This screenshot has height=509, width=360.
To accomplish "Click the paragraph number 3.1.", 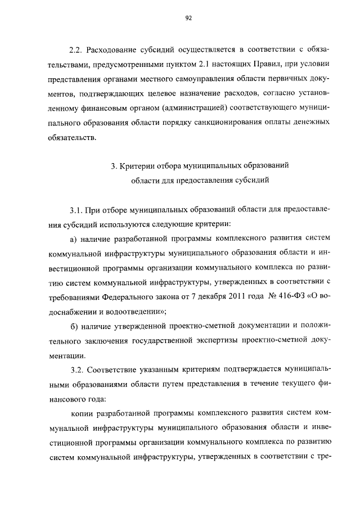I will pyautogui.click(x=76, y=211).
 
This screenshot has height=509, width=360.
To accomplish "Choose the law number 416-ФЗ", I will pyautogui.click(x=292, y=297).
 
